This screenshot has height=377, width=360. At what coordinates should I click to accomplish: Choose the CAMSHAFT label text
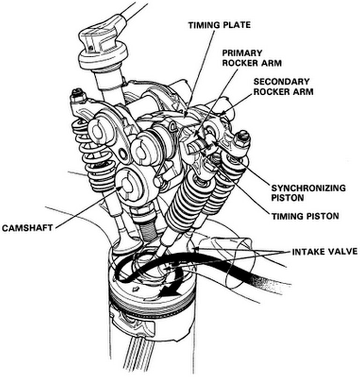click(x=28, y=227)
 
